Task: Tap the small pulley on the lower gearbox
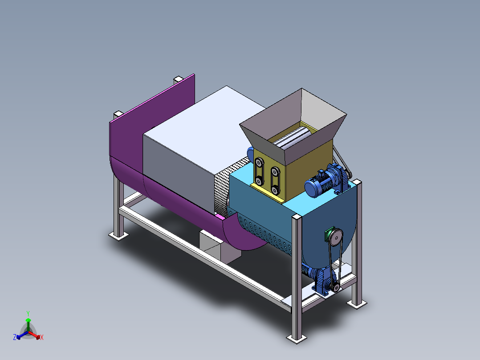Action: click(336, 287)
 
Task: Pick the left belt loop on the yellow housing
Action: click(259, 171)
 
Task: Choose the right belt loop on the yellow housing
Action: click(275, 180)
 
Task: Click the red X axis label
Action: click(42, 337)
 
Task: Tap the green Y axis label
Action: click(28, 313)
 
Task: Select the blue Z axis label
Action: click(14, 337)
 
